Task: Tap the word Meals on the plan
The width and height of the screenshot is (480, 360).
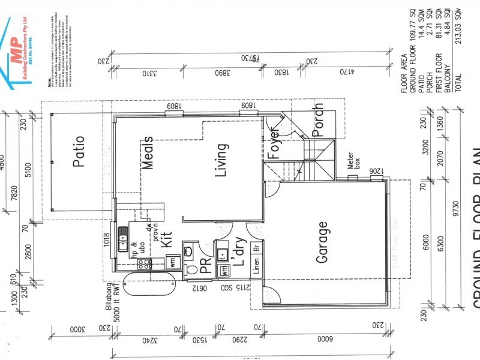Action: tap(148, 152)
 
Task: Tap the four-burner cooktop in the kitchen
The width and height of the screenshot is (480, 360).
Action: tap(143, 263)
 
